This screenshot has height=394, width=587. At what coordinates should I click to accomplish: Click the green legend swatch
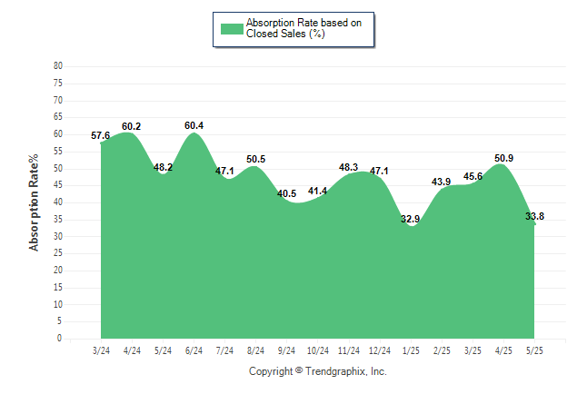coord(232,29)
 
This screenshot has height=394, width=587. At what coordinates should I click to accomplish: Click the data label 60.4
coord(194,125)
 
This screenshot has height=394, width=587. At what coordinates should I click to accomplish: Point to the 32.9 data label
coord(411,219)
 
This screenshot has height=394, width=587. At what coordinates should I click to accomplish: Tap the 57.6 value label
coord(100,135)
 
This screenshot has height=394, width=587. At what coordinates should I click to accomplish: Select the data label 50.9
coord(504,158)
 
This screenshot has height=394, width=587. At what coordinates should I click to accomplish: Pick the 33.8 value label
coord(534,216)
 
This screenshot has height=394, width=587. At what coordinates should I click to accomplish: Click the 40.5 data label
coord(287,193)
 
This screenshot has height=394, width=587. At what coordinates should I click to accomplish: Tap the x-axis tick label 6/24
coord(194,350)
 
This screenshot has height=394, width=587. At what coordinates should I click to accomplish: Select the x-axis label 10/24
coord(318,350)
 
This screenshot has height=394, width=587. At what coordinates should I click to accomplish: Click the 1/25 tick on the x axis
coord(411,350)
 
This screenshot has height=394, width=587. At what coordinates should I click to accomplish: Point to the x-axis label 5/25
coord(534,350)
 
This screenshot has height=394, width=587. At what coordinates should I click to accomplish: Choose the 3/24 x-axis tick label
coord(101,350)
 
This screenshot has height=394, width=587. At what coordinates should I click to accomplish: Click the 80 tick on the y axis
coord(58,66)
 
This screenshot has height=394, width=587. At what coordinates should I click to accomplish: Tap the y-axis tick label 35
coord(58,220)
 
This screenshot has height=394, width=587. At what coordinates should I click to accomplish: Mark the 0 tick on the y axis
coord(60,339)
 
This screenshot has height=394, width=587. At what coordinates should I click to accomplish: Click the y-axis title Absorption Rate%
coord(34,202)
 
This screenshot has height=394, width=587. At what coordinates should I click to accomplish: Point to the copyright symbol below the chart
coord(299,370)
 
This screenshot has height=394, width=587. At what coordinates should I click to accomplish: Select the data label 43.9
coord(441,182)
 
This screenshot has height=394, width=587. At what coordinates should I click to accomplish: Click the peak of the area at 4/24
coord(128,133)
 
